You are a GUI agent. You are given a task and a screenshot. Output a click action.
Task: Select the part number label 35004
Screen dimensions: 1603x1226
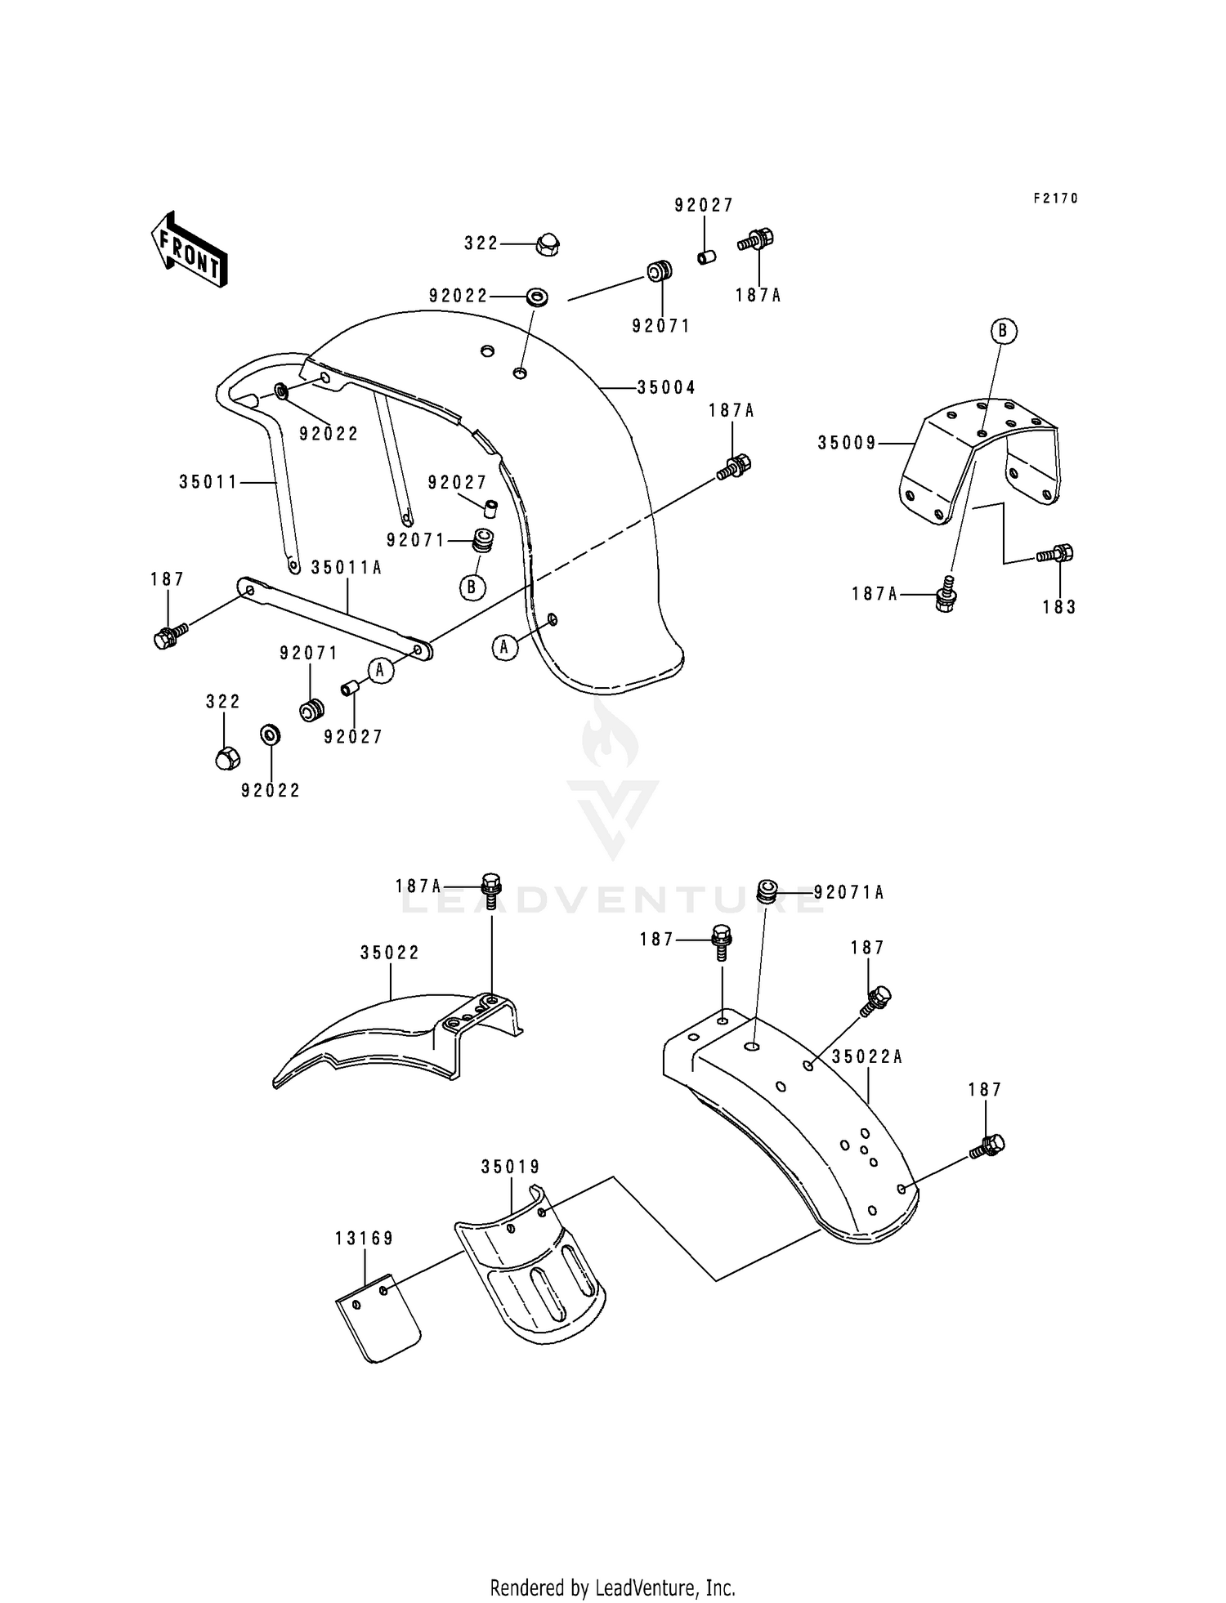click(666, 387)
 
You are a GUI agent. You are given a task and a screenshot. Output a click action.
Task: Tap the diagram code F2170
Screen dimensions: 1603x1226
click(1055, 199)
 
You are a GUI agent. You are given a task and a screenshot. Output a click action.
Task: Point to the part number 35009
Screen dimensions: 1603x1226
click(847, 443)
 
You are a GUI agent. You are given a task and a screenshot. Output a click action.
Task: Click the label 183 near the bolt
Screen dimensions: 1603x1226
click(1059, 607)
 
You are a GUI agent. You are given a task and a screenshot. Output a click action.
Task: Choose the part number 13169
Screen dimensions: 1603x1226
click(364, 1239)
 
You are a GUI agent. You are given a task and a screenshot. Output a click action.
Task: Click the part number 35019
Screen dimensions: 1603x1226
click(511, 1167)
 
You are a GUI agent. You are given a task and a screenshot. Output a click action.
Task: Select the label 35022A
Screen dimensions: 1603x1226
click(867, 1056)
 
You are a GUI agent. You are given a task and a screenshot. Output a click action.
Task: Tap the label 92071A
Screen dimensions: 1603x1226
click(849, 892)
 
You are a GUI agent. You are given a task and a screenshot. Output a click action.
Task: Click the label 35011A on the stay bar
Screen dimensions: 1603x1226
click(347, 567)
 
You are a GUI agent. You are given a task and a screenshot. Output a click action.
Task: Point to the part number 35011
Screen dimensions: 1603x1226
click(208, 482)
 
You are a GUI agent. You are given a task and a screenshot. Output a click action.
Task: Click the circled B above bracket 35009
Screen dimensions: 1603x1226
click(1004, 331)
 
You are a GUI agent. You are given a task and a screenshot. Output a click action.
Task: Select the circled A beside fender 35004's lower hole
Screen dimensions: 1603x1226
click(505, 648)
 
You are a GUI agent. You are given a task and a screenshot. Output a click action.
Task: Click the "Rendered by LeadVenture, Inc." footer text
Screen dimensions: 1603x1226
click(612, 1587)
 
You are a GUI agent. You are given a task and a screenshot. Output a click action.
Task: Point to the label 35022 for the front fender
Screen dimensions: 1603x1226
click(390, 953)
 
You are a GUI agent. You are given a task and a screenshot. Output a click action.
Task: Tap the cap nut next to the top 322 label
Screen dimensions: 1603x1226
click(547, 243)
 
